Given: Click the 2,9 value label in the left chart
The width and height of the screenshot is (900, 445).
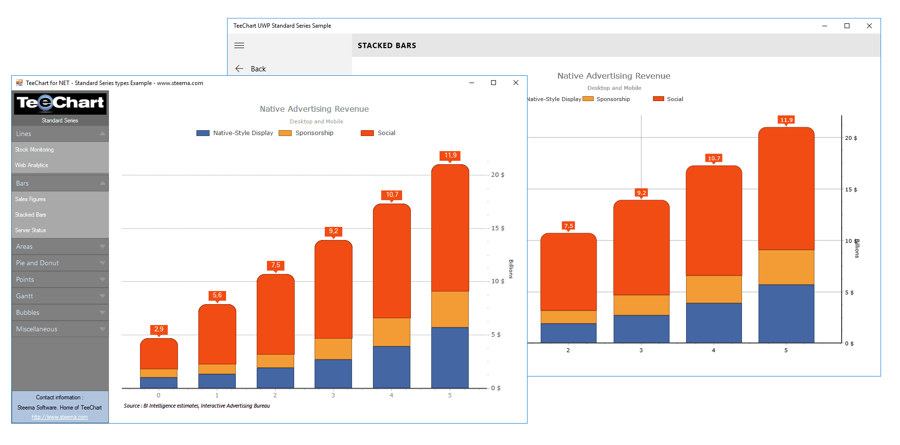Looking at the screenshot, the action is tap(159, 329).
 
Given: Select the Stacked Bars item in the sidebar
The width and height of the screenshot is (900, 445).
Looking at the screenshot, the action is tap(31, 215).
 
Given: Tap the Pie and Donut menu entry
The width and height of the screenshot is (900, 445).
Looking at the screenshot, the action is tap(37, 263).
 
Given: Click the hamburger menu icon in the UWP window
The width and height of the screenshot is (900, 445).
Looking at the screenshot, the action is tap(239, 46).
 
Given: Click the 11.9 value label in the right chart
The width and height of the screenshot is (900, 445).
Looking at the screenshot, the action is tap(786, 120).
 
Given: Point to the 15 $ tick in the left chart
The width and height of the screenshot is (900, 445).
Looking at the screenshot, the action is tap(498, 228).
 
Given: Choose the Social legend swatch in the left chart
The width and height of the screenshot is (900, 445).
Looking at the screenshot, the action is tap(367, 133).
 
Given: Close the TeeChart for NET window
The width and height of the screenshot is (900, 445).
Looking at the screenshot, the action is tap(516, 83).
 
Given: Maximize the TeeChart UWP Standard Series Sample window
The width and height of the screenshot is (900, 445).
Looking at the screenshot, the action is tap(847, 26).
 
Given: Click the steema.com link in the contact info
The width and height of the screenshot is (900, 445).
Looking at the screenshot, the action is tap(60, 417).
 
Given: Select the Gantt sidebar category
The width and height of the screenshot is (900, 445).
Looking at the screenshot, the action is tap(24, 296).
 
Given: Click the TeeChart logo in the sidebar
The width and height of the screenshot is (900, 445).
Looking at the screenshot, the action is tap(60, 103).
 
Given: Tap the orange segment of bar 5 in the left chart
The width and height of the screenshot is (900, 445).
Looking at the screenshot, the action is tap(450, 309).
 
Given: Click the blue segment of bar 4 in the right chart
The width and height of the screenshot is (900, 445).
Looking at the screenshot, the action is tap(714, 323).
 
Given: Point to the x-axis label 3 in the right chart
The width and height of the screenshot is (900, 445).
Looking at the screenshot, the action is tap(641, 350).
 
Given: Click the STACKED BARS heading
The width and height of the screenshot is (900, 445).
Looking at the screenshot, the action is tap(387, 46).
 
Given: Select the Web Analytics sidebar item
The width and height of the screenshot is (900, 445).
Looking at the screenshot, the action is tap(32, 165).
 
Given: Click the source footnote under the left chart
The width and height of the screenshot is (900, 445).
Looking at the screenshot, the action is tap(197, 406).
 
